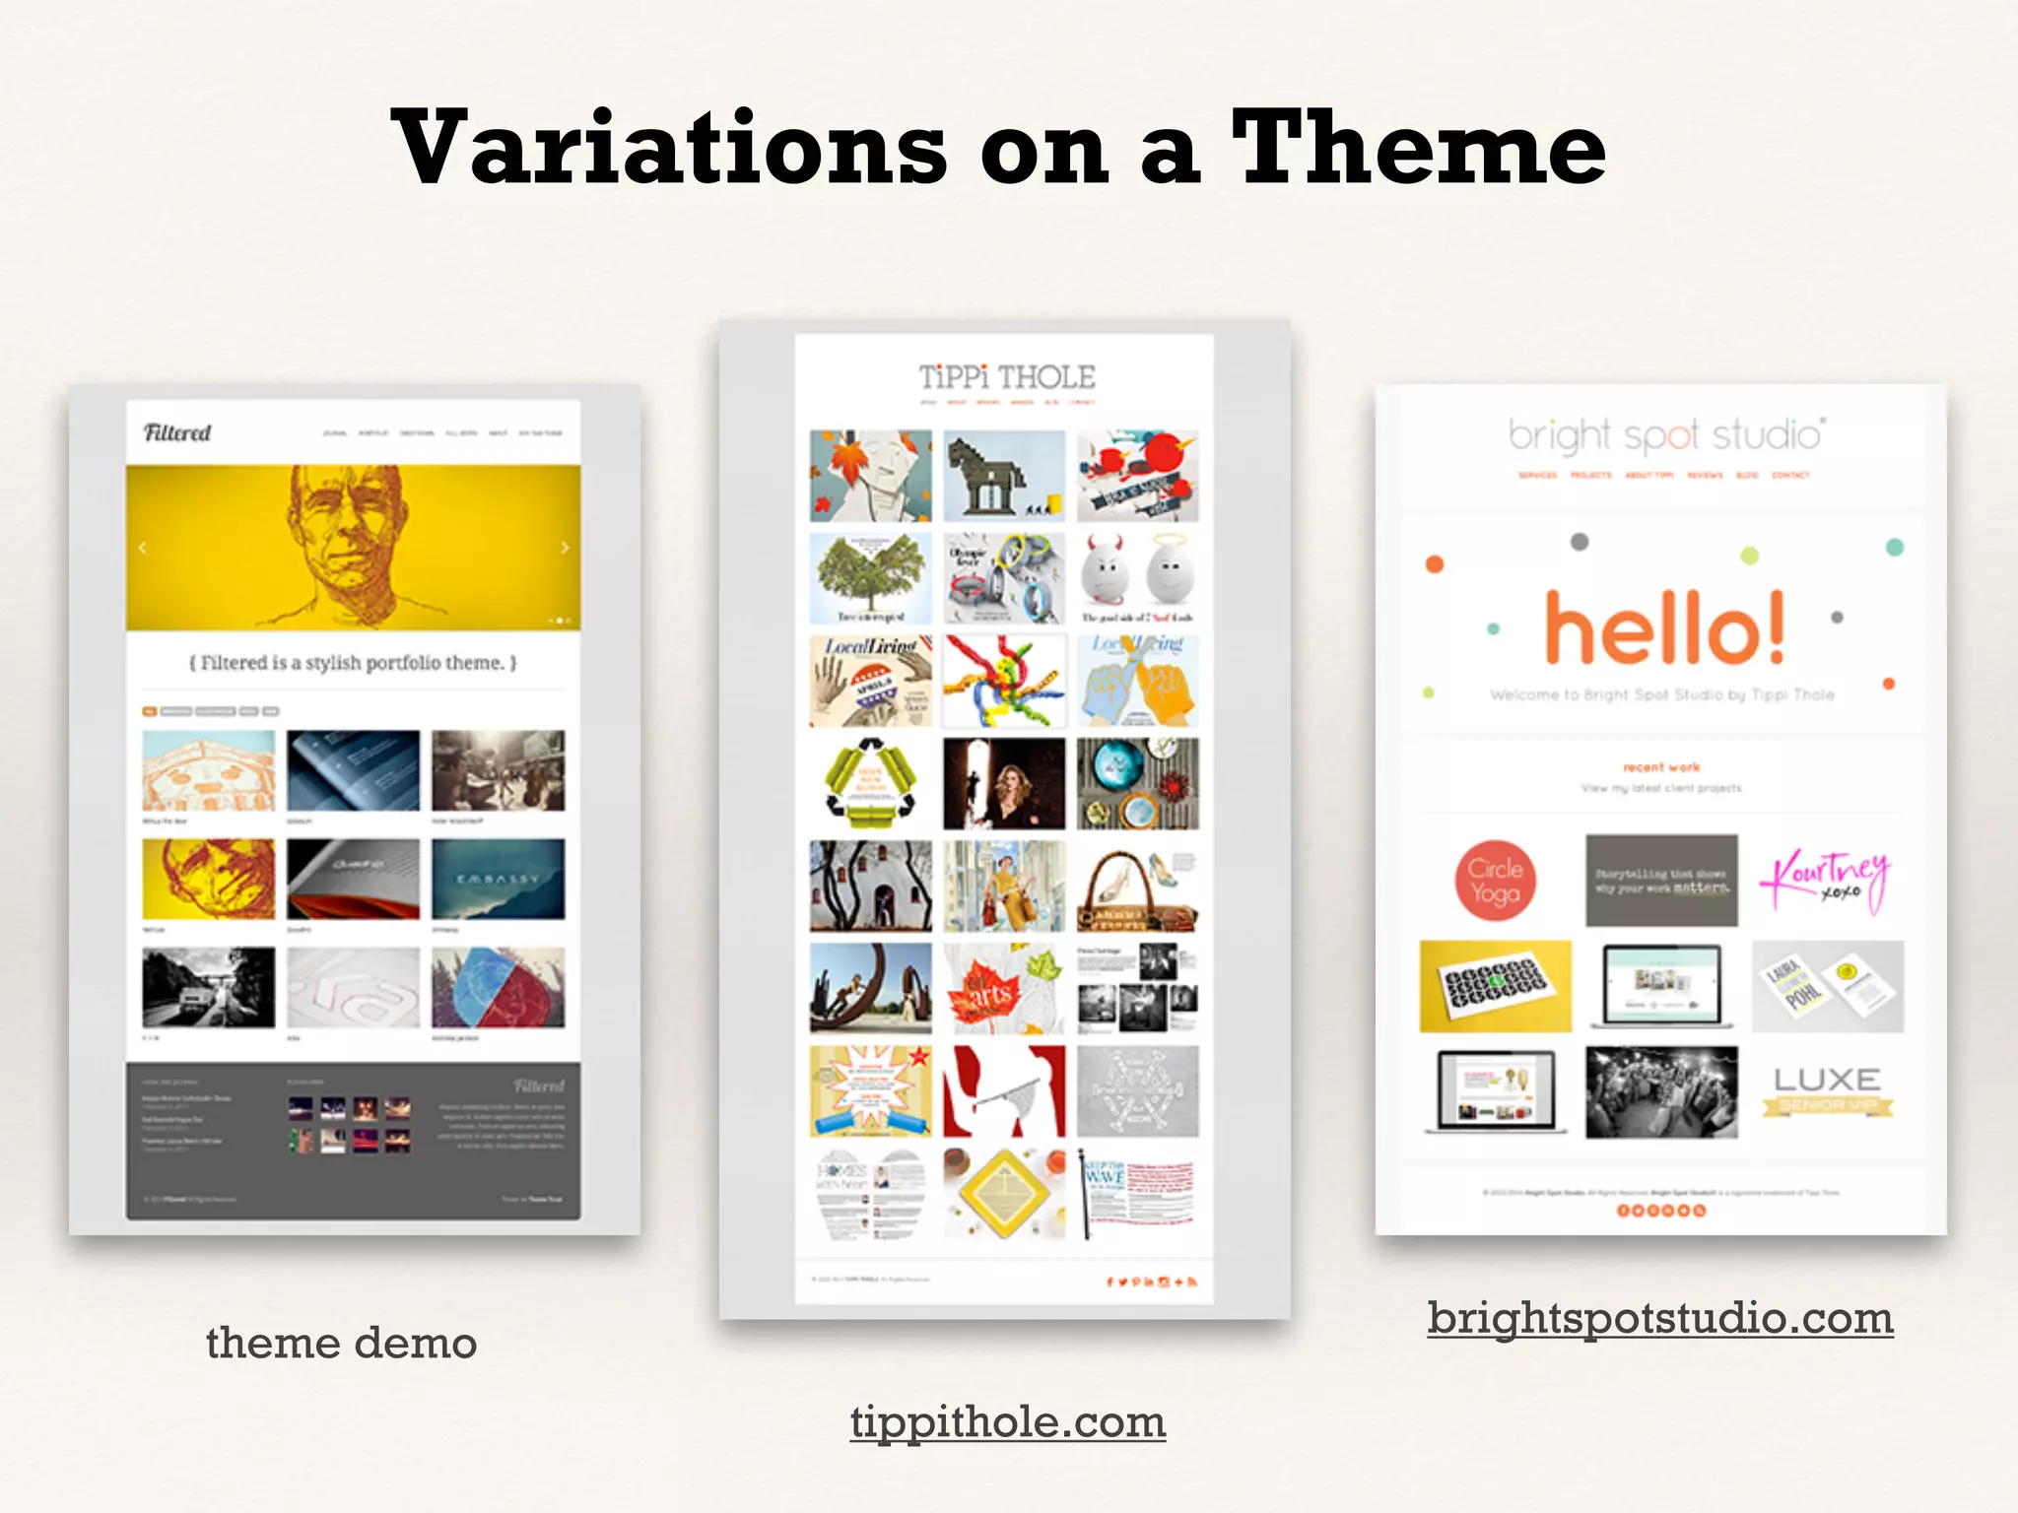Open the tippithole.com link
1008,1421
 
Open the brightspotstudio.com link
1660,1318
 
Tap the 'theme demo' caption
341,1343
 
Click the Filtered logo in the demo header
177,432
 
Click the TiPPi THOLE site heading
1007,377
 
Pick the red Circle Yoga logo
1495,881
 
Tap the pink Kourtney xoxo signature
1826,879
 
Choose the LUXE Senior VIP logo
1827,1090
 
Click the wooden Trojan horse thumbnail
1003,476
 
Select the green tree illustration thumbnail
870,578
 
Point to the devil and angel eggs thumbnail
1137,578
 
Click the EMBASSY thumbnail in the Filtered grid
499,879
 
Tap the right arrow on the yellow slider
565,548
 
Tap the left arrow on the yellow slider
143,548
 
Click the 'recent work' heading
1661,766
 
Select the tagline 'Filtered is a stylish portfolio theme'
353,663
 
